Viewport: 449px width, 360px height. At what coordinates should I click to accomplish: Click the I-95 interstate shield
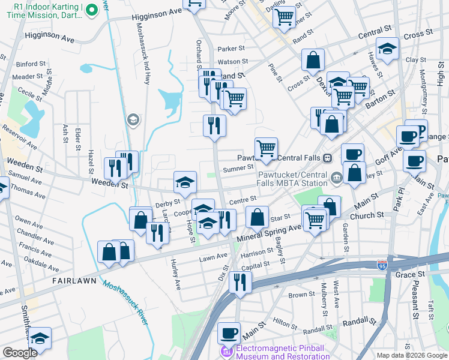pyautogui.click(x=382, y=265)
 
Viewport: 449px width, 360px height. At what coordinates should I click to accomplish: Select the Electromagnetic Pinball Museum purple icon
pyautogui.click(x=227, y=350)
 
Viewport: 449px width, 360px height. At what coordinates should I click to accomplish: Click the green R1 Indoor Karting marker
pyautogui.click(x=91, y=10)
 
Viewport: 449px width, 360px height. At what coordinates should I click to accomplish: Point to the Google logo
pyautogui.click(x=20, y=353)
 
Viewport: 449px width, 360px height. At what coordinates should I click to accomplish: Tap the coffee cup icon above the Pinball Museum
pyautogui.click(x=228, y=333)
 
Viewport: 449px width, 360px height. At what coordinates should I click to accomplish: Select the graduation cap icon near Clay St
pyautogui.click(x=387, y=49)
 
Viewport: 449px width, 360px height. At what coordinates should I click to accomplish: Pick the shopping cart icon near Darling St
pyautogui.click(x=284, y=16)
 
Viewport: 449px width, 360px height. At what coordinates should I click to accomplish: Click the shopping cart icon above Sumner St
pyautogui.click(x=265, y=148)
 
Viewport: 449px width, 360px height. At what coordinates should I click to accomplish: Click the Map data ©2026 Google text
pyautogui.click(x=411, y=355)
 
